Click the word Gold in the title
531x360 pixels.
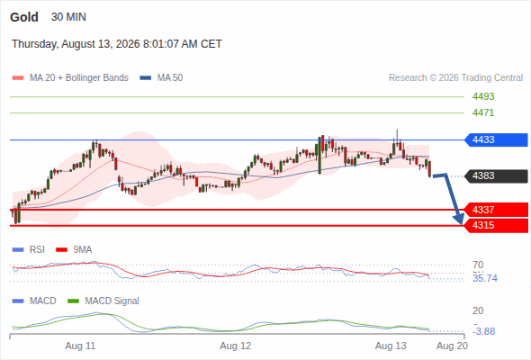click(24, 17)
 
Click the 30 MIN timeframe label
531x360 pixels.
click(68, 17)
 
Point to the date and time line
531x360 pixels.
click(117, 44)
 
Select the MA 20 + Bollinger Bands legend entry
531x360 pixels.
click(70, 78)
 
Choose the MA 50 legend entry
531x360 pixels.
click(161, 78)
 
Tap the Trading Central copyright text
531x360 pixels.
click(455, 78)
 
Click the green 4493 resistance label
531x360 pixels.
click(483, 96)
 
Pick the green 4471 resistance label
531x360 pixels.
click(483, 112)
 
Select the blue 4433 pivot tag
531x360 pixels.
click(496, 139)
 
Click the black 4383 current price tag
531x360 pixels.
click(496, 175)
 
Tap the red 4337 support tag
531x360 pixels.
click(496, 210)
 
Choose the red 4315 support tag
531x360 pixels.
click(496, 225)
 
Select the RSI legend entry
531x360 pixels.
click(29, 249)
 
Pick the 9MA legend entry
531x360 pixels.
click(74, 249)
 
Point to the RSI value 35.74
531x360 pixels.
click(485, 278)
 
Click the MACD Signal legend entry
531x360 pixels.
click(103, 301)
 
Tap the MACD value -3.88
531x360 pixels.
click(484, 331)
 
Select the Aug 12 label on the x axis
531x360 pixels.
click(236, 346)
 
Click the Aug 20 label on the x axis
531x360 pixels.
click(452, 346)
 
